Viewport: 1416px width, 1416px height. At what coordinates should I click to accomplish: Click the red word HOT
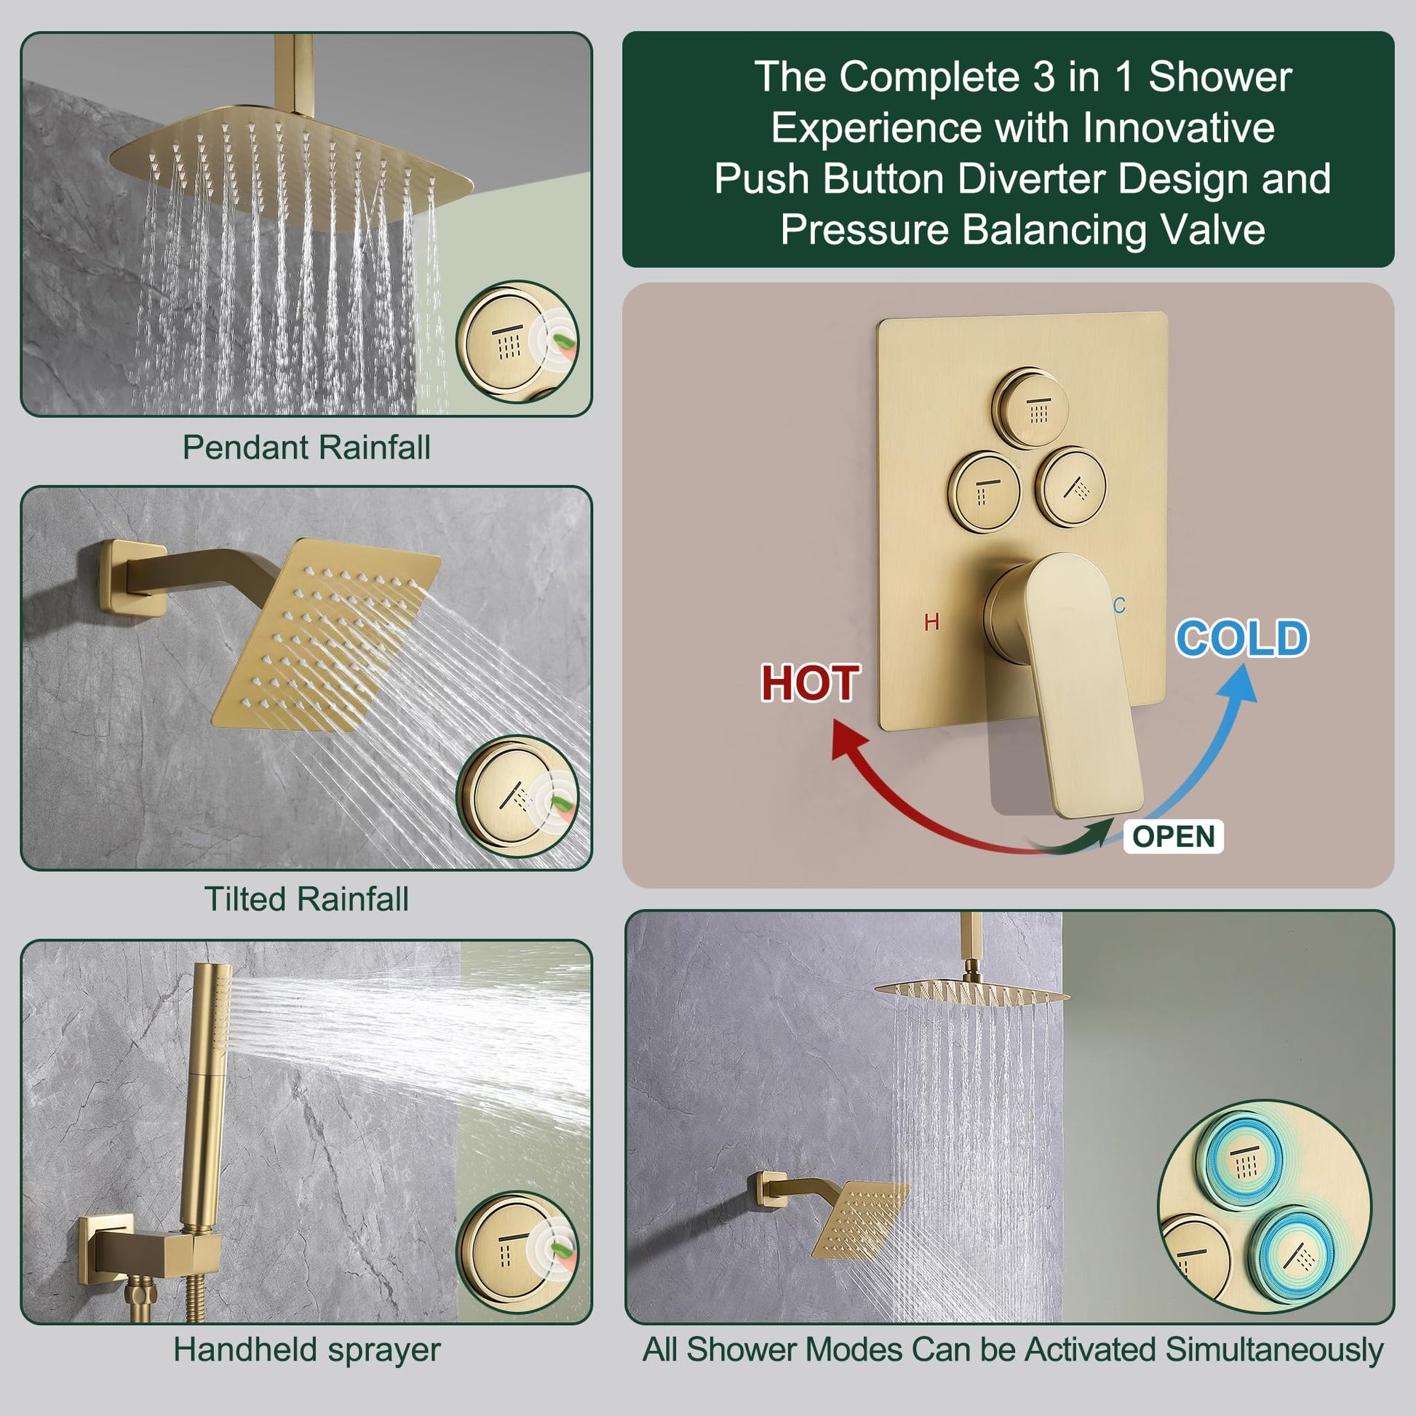810,684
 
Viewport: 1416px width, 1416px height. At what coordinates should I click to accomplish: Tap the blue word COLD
1242,638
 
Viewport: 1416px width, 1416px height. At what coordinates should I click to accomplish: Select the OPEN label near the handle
1174,836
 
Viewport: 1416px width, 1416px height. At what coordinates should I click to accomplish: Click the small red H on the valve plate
931,622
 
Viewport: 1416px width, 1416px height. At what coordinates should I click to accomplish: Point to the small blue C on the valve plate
1119,605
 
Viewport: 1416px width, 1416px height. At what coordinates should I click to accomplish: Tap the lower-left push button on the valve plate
985,490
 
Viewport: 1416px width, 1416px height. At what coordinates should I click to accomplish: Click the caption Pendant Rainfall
306,447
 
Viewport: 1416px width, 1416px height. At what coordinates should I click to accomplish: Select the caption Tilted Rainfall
306,899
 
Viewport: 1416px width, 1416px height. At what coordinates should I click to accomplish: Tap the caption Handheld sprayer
307,1349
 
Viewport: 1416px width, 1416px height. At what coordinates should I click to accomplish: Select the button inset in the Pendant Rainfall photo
517,341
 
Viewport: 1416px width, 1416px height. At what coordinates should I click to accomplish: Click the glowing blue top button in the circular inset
1244,1165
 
